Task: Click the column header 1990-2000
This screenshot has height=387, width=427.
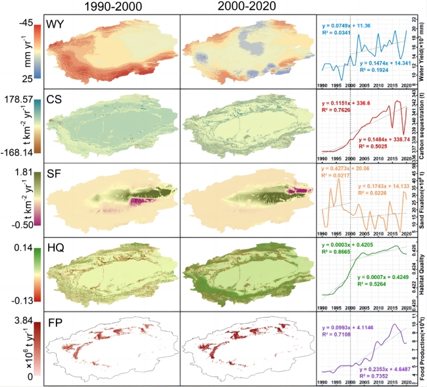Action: [x=108, y=8]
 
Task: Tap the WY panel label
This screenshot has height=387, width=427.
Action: [x=59, y=28]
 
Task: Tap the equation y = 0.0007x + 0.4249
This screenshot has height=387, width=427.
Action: [x=382, y=277]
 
